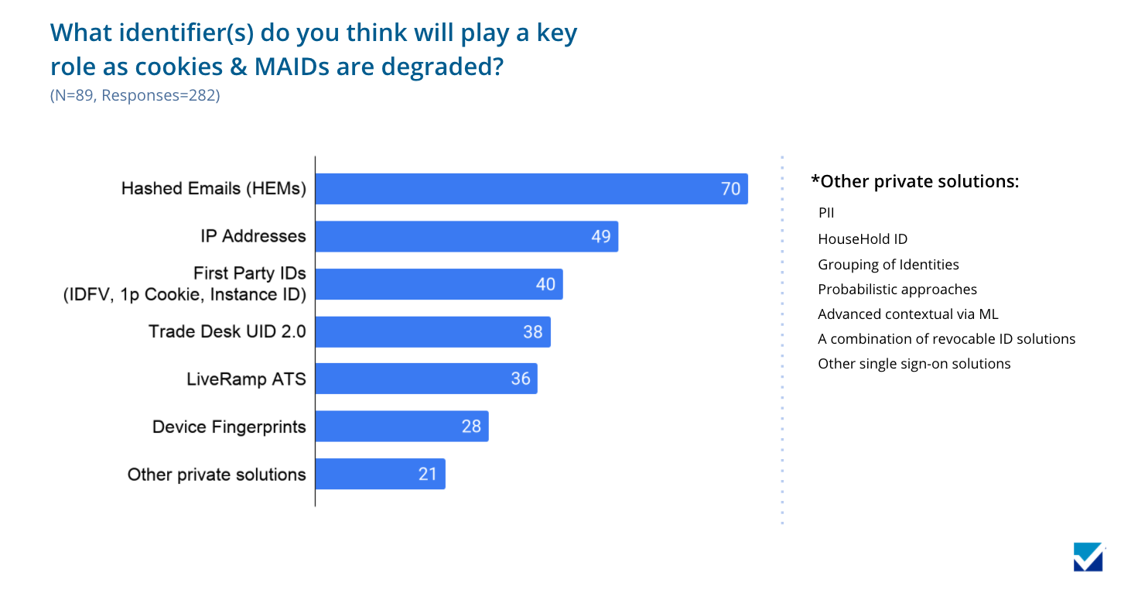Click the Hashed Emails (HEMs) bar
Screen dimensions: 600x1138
click(531, 189)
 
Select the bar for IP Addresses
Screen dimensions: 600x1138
click(466, 236)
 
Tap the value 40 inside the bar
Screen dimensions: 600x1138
click(545, 284)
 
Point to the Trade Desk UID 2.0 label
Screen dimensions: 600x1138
click(227, 332)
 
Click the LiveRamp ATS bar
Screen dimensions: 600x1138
click(426, 379)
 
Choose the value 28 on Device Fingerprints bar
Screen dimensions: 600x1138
click(471, 427)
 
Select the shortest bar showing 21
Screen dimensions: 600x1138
click(380, 474)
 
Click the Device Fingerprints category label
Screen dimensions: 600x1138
click(229, 427)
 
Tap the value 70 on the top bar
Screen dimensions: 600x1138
click(730, 189)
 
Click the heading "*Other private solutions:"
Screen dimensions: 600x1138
click(914, 181)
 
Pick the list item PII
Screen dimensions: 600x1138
click(826, 213)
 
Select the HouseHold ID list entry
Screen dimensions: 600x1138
click(863, 239)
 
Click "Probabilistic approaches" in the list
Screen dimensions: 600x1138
click(897, 290)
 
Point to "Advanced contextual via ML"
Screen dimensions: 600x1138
click(908, 314)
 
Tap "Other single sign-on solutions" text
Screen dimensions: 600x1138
click(914, 364)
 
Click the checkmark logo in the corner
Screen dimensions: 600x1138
click(1088, 557)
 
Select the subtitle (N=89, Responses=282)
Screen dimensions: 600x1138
click(135, 96)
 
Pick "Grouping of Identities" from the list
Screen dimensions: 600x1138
click(888, 265)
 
